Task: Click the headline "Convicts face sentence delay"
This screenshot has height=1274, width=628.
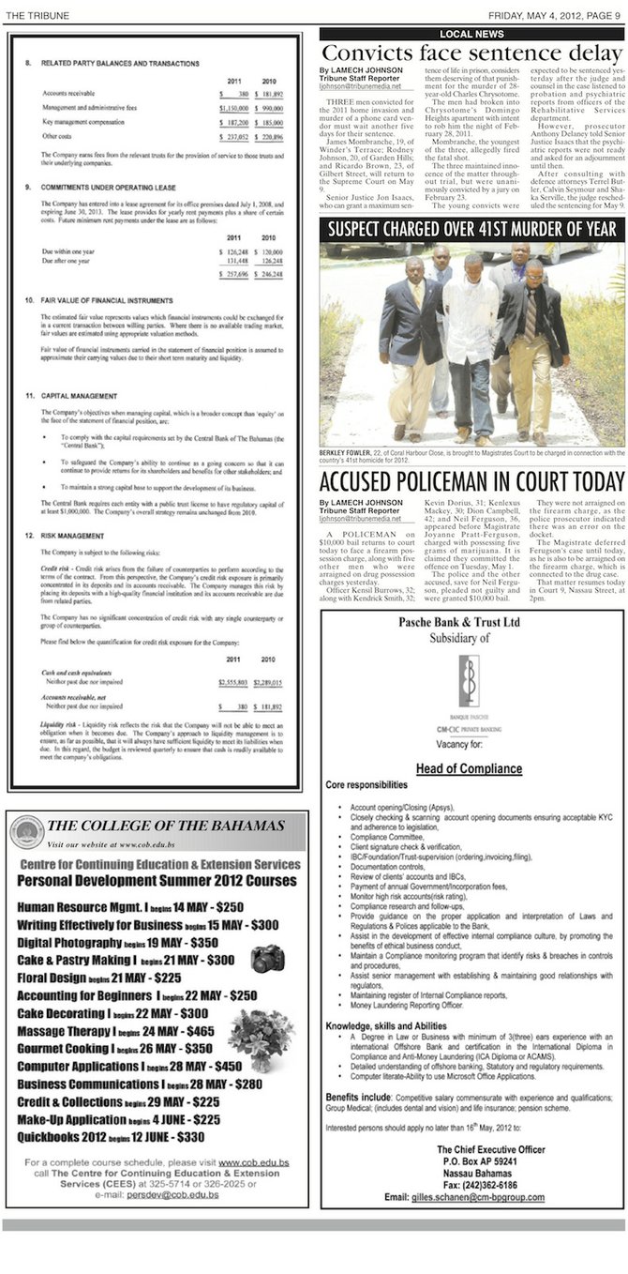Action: [471, 53]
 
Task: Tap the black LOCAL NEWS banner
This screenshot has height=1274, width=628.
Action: [471, 34]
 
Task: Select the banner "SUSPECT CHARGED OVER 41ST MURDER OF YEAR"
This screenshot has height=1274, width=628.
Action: [471, 230]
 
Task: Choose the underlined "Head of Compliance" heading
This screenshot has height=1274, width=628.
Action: [469, 768]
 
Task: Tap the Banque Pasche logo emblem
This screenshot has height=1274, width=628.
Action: [471, 676]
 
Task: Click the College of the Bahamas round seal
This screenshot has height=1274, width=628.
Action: [26, 833]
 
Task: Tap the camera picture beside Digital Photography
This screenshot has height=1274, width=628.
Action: [267, 958]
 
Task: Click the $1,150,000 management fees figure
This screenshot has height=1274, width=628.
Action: [238, 109]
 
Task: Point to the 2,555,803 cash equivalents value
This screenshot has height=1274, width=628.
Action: [237, 657]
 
